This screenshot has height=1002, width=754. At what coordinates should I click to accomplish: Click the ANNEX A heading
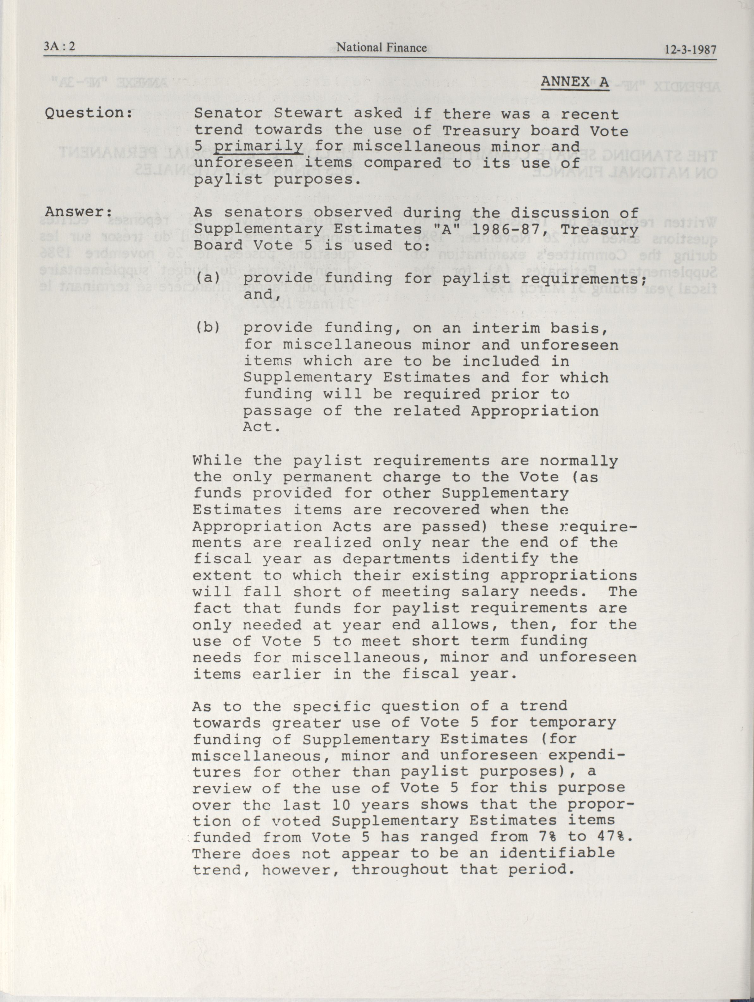coord(575,82)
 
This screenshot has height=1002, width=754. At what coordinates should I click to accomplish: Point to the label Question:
coord(89,113)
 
